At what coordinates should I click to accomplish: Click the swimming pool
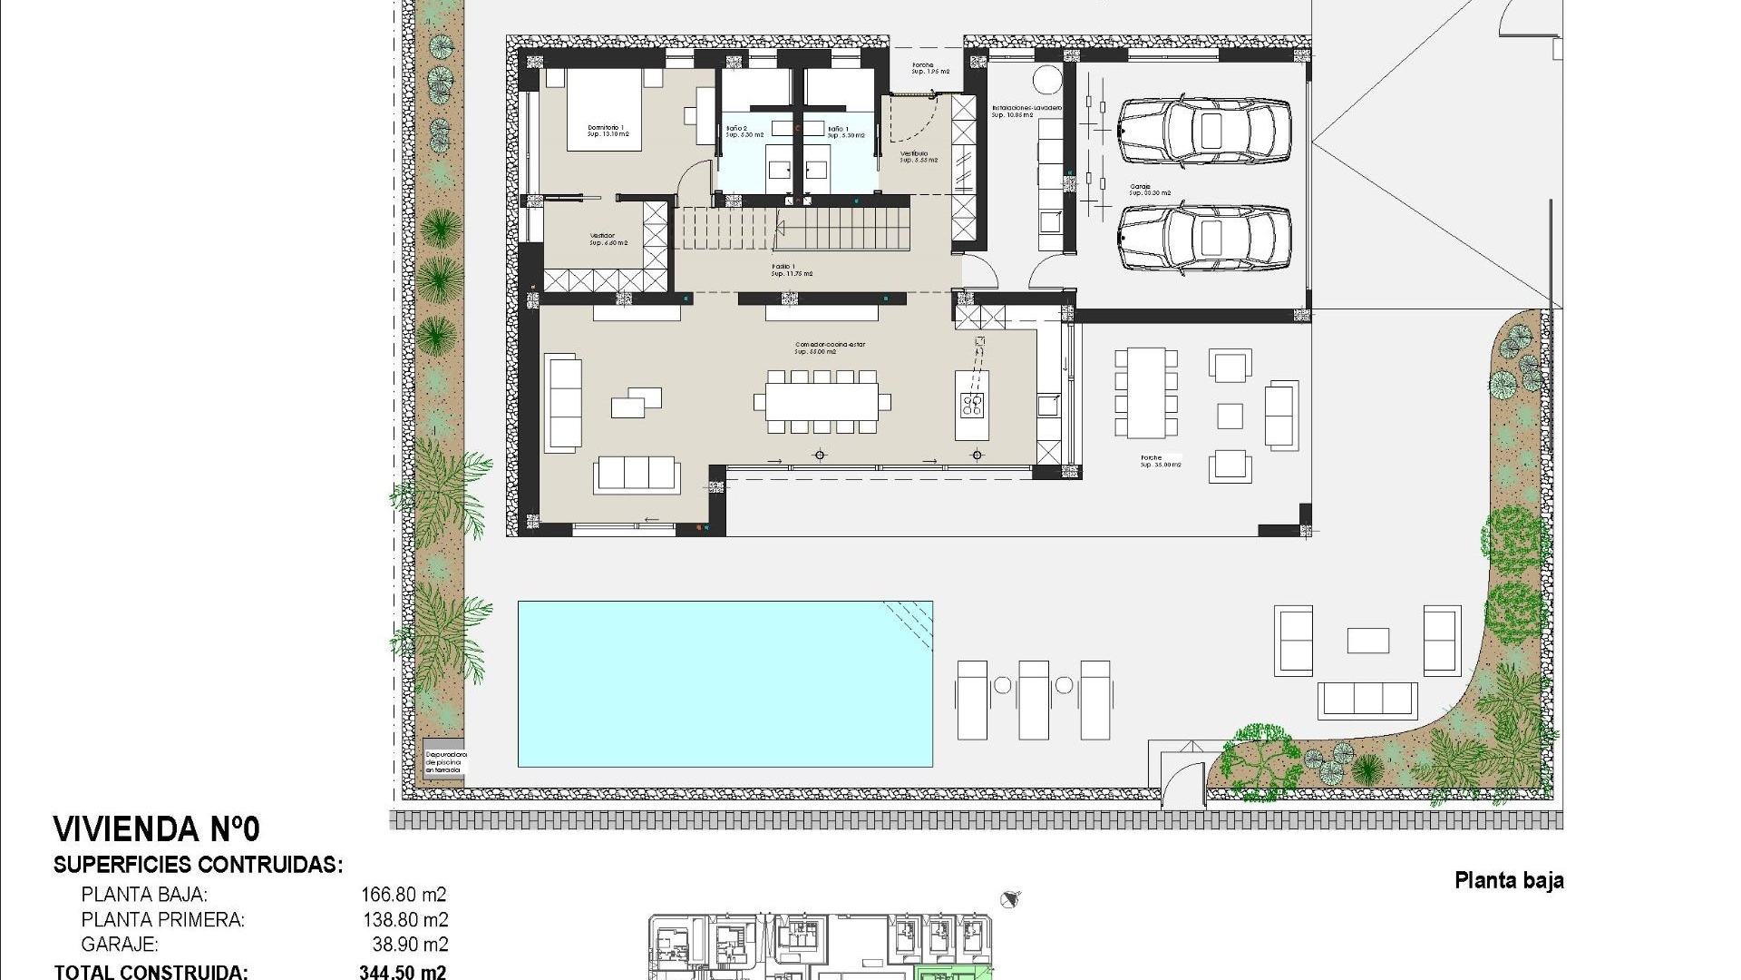coord(725,683)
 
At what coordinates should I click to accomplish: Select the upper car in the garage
coord(1203,131)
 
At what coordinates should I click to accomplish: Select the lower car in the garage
coord(1203,239)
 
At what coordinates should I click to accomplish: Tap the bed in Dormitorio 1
coord(604,111)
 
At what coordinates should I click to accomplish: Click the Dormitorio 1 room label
coord(608,131)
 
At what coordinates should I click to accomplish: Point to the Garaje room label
coord(1150,191)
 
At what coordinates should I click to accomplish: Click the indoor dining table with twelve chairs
coord(822,401)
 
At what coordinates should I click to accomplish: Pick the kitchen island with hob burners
coord(972,406)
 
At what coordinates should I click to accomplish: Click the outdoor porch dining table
coord(1146,393)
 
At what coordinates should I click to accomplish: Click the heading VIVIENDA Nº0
coord(157,829)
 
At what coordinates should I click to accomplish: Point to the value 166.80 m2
coord(404,895)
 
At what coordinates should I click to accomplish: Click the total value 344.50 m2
coord(403,972)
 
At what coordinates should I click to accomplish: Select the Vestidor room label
coord(602,239)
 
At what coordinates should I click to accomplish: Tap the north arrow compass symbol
coord(1010,899)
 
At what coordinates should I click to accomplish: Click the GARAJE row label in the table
coord(120,945)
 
